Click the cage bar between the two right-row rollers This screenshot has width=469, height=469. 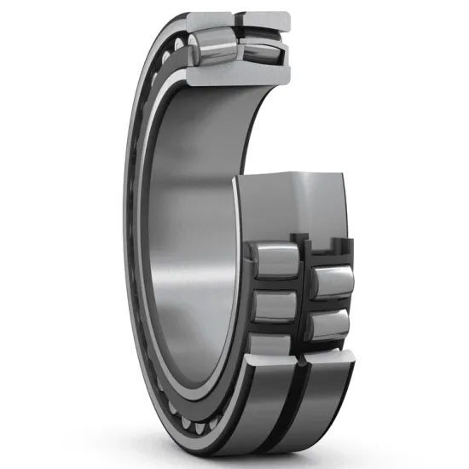click(331, 304)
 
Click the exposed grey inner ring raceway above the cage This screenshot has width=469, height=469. click(290, 205)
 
